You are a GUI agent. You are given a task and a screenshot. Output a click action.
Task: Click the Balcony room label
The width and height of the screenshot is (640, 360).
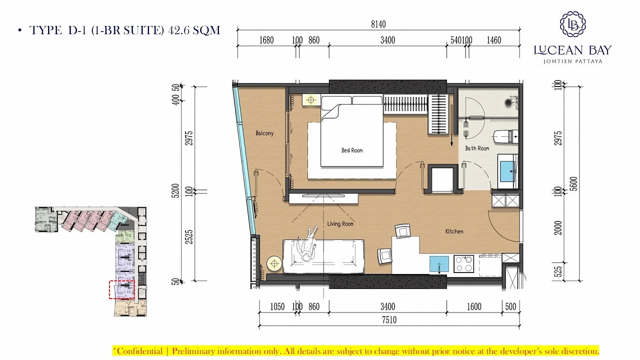[264, 133]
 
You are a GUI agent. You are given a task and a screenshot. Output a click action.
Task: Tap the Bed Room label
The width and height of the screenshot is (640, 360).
[351, 150]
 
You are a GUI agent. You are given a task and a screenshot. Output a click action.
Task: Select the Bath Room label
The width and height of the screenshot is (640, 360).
[477, 148]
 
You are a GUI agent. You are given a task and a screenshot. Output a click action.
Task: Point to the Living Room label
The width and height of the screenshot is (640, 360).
[340, 223]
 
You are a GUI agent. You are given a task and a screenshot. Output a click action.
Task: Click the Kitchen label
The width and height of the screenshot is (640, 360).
[454, 231]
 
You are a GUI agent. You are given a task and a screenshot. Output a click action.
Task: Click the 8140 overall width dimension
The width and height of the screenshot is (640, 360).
[378, 24]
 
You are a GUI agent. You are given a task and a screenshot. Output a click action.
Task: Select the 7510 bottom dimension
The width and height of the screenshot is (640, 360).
[389, 319]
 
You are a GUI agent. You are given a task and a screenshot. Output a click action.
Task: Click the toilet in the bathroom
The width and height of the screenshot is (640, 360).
[506, 137]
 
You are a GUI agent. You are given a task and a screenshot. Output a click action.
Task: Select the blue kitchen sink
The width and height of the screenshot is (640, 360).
[439, 264]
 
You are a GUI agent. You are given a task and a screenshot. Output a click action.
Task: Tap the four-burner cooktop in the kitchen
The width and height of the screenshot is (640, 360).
[463, 263]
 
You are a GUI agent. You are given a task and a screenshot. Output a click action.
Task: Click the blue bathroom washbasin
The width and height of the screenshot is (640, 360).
[507, 171]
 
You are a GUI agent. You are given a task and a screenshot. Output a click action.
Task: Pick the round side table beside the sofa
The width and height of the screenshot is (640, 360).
[274, 263]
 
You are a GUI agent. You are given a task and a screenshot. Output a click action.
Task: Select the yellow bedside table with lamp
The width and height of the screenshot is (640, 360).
[311, 100]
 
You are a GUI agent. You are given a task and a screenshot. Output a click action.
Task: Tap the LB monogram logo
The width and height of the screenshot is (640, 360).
[572, 24]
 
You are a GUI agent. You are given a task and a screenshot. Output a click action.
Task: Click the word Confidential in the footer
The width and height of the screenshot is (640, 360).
[139, 351]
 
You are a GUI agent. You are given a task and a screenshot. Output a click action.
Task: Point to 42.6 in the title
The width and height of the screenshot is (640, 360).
[179, 30]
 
